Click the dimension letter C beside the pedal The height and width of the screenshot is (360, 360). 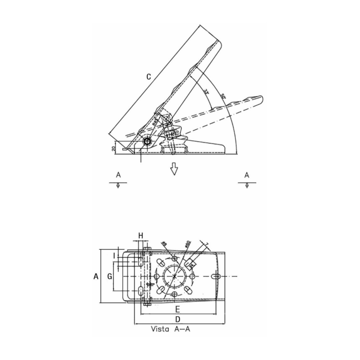tap(148, 77)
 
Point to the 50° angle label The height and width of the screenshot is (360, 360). tap(223, 97)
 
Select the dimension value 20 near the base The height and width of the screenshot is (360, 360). tap(113, 147)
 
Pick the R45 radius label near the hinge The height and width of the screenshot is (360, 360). tap(155, 121)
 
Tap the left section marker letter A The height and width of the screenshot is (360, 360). tap(118, 175)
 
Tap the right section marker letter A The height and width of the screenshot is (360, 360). tap(247, 175)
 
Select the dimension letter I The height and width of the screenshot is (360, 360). tap(114, 256)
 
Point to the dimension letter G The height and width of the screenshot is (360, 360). tap(109, 276)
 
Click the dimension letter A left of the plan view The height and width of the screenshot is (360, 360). tap(95, 278)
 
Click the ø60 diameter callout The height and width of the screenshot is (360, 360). tap(188, 244)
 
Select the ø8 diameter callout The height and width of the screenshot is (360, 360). tap(164, 244)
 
